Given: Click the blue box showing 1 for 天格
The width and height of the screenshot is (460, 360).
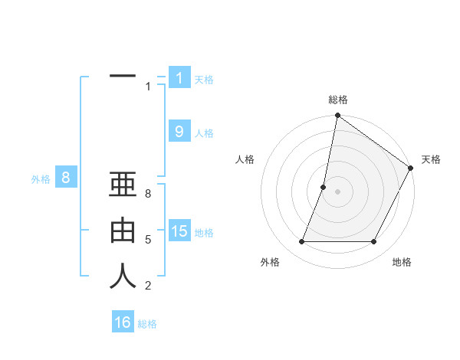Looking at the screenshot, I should click(x=179, y=78).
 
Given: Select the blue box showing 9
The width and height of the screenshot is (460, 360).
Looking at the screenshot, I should click(x=179, y=132).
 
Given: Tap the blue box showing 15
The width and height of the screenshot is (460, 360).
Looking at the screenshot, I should click(x=179, y=231).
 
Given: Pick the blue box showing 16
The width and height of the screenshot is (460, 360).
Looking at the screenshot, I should click(x=123, y=322).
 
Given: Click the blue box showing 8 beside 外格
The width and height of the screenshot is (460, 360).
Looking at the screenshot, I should click(x=66, y=178).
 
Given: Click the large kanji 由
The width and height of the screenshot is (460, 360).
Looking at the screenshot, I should click(x=123, y=231).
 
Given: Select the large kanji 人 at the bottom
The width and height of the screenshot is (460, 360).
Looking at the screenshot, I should click(x=123, y=276).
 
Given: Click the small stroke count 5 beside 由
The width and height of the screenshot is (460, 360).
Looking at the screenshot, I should click(x=148, y=240).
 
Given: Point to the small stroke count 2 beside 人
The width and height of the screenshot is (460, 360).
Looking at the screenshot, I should click(x=148, y=286).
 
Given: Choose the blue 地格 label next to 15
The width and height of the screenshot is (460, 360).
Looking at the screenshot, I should click(x=205, y=233).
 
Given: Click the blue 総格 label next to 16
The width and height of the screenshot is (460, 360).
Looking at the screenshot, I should click(x=147, y=324).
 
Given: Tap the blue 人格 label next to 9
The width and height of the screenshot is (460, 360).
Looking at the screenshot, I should click(x=205, y=133).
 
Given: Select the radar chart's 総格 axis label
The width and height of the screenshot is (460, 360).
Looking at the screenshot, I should click(x=338, y=100).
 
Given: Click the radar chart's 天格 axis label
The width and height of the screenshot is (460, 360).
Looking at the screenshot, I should click(x=431, y=159).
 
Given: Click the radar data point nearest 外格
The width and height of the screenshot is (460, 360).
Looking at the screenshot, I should click(x=301, y=242).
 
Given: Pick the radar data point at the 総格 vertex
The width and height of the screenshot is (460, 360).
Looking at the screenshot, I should click(x=337, y=116).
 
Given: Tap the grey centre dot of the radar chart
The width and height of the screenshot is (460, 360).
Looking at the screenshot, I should click(x=337, y=191).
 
